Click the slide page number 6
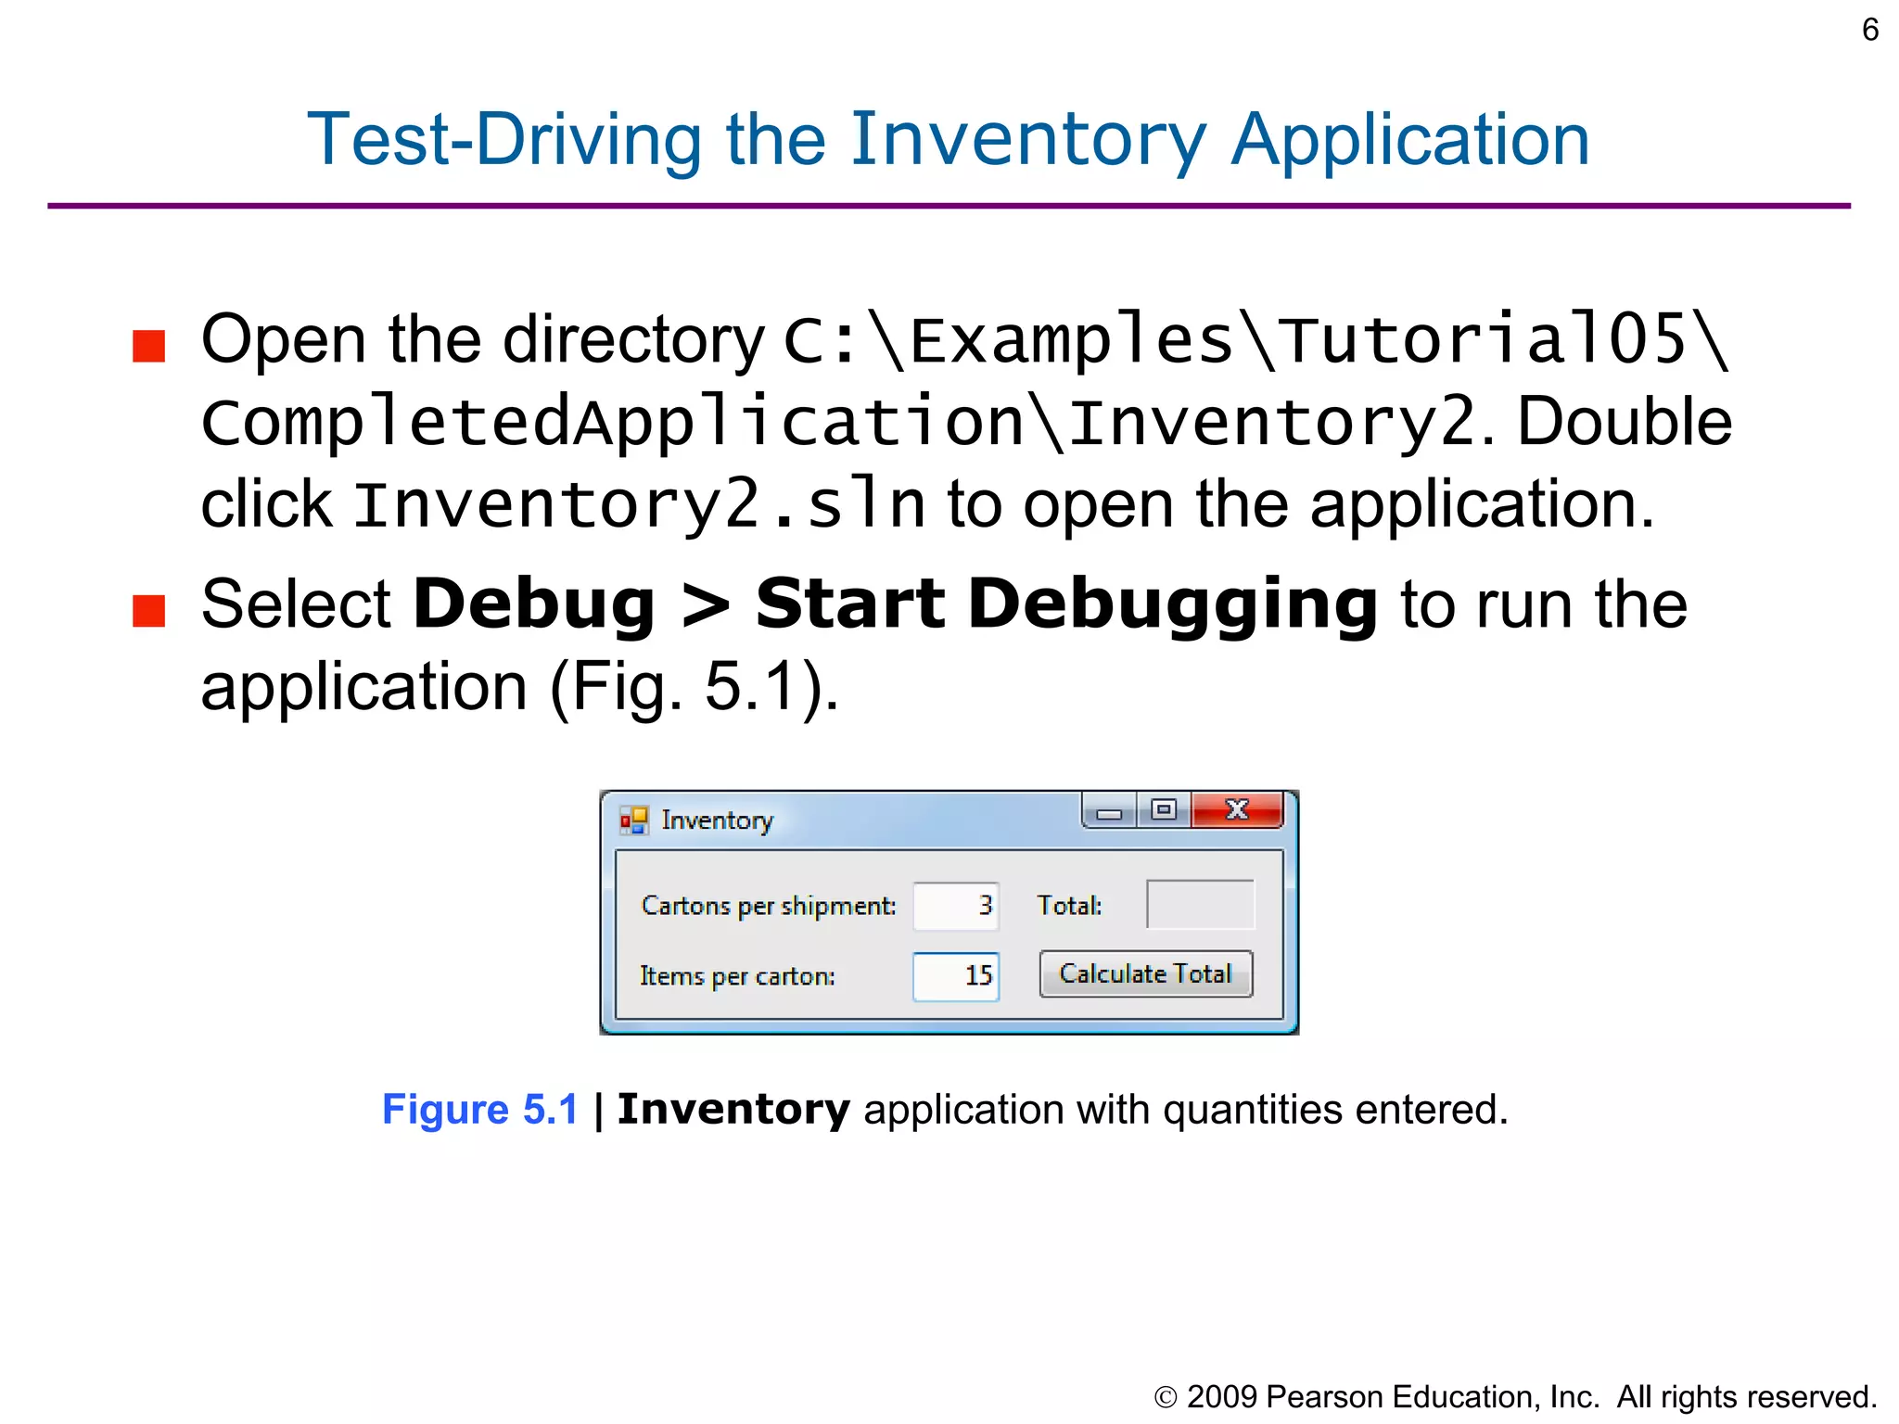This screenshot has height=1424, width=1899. [x=1869, y=31]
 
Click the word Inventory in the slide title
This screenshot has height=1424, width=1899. [x=1027, y=141]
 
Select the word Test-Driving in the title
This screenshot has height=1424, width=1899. [x=504, y=141]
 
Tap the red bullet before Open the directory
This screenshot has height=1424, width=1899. [x=148, y=346]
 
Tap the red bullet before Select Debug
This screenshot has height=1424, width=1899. [x=148, y=611]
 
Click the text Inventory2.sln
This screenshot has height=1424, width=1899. [x=639, y=506]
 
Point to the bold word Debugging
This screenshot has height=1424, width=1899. [x=1172, y=604]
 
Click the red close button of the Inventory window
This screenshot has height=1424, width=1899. [x=1237, y=810]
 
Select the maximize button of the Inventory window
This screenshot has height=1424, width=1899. [x=1164, y=810]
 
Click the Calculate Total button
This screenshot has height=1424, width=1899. [x=1145, y=974]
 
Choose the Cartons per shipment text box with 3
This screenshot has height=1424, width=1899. [x=956, y=906]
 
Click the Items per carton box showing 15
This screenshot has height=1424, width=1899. [x=956, y=976]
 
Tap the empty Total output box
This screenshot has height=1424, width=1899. [x=1200, y=905]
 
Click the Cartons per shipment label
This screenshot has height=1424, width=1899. [x=768, y=906]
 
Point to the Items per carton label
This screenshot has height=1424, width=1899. [x=737, y=976]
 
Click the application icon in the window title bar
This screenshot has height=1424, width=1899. [x=634, y=820]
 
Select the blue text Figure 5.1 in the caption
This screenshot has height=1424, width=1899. [x=480, y=1110]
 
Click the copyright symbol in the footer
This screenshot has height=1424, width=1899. [x=1166, y=1398]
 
